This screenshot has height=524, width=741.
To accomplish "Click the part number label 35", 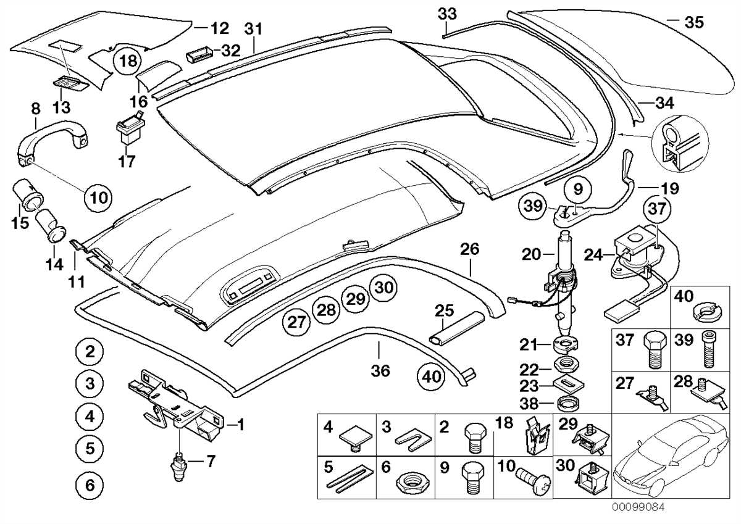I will point(693,23).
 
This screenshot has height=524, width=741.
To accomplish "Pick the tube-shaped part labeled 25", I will point(458,328).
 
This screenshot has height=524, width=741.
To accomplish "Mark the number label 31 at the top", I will point(253,28).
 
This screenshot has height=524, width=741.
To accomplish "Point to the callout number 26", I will point(469,250).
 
